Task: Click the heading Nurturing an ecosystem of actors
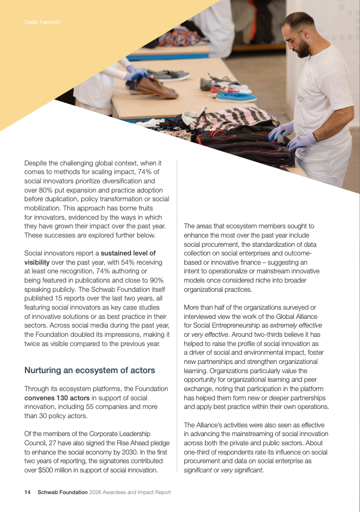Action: point(89,370)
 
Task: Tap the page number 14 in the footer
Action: point(27,492)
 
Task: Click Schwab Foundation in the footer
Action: point(62,492)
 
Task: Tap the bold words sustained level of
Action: point(128,253)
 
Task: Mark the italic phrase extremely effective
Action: point(298,325)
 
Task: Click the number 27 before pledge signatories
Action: point(55,443)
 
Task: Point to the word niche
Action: point(253,280)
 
